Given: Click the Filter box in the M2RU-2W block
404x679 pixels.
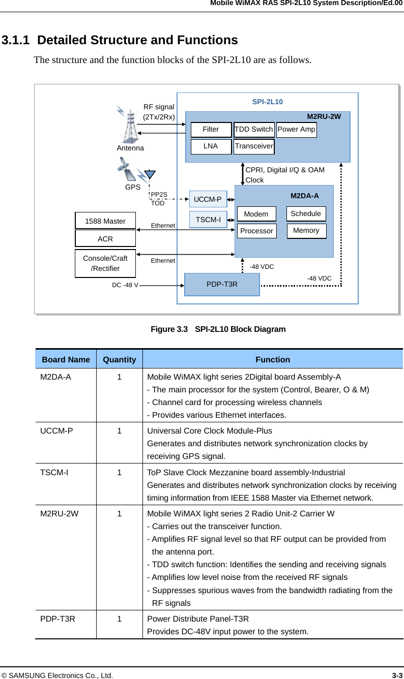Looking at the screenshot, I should pos(211,130).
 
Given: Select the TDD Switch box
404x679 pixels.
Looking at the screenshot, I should pos(254,130).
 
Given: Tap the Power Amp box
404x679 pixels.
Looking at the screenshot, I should pos(297,130).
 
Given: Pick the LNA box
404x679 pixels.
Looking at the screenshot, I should pos(211,146).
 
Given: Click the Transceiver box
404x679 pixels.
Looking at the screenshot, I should pos(254,146).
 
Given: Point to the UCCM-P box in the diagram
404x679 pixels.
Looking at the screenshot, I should pos(208,199).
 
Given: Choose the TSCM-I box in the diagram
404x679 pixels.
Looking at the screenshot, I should pos(208,220).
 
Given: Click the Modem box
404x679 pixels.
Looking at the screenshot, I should pos(256,214).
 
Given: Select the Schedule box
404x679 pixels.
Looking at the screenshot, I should pos(306,213).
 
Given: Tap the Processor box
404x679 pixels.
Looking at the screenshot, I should pos(256,231).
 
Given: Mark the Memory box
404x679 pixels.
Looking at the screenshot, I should pos(306,231).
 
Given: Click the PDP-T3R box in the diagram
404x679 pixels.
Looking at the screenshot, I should pos(222,284).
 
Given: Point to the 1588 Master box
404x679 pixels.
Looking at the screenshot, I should pos(105,221).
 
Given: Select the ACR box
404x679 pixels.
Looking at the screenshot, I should pos(105,238).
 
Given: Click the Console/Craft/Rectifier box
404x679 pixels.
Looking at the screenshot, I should pos(105,263).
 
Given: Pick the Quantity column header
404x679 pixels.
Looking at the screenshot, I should pos(119,359).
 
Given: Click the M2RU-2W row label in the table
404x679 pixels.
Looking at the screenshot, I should pos(60,513).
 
